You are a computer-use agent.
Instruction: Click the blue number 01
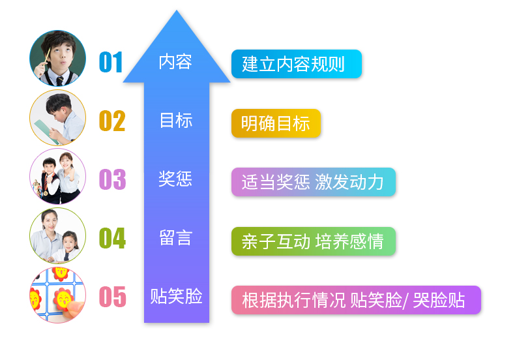tap(111, 63)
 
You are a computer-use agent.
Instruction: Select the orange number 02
tap(111, 121)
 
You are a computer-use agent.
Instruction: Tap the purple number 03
tap(112, 179)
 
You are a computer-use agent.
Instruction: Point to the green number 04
tap(112, 238)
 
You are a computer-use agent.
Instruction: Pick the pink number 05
tap(112, 297)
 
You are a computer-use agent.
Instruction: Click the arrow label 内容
tap(175, 62)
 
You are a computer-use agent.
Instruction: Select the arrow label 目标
tap(175, 121)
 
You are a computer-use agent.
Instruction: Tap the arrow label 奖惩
tap(175, 179)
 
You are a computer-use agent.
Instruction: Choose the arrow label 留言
tap(175, 237)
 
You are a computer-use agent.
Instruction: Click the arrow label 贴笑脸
tap(176, 297)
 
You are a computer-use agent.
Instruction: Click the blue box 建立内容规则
tap(296, 64)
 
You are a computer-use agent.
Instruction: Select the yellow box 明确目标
tap(276, 123)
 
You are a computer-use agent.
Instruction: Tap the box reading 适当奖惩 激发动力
tap(313, 182)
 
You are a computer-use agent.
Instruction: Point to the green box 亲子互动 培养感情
tap(313, 241)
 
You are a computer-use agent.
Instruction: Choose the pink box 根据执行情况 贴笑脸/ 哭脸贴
tap(356, 300)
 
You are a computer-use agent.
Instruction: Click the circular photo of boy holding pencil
tap(57, 58)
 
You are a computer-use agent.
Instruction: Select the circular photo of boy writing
tap(57, 117)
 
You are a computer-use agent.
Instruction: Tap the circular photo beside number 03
tap(57, 176)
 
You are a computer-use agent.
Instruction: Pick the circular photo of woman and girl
tap(57, 235)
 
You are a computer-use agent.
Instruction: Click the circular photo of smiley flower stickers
tap(57, 295)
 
